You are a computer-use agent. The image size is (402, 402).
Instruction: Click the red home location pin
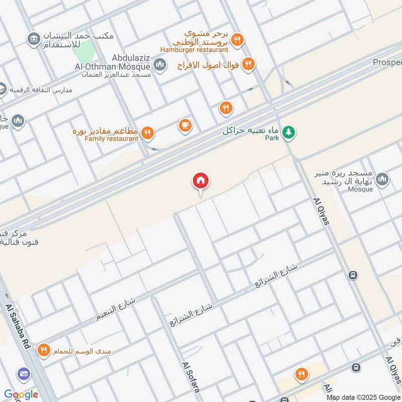point(200,180)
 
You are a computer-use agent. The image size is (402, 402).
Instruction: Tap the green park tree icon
point(288,133)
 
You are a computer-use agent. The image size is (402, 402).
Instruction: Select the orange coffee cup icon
point(185,126)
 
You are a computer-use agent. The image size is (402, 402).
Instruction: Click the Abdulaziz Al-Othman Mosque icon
point(160,64)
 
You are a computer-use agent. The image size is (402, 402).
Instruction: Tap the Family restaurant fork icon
point(147,133)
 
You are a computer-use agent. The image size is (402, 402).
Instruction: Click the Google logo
point(21,394)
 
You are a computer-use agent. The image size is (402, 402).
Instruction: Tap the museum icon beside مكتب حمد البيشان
point(34,39)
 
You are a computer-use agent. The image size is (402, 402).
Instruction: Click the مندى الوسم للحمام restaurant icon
point(44,350)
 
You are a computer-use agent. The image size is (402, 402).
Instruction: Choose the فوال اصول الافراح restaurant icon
point(247,64)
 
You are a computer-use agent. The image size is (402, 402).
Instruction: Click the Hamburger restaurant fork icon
point(237,39)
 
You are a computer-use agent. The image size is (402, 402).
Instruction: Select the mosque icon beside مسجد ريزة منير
point(382,179)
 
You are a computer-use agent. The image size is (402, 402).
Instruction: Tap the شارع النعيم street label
point(117,310)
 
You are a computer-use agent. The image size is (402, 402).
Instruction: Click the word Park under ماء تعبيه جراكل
point(272,137)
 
